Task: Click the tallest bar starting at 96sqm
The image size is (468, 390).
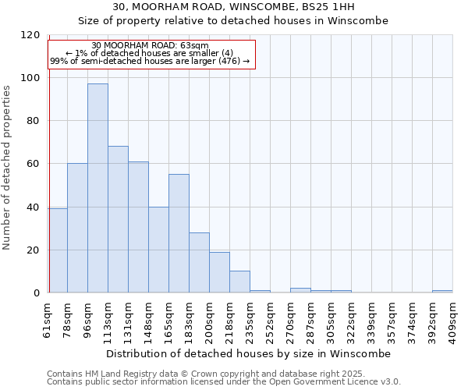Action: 97,188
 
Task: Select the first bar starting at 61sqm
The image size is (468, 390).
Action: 58,250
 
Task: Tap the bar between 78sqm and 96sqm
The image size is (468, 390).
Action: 77,228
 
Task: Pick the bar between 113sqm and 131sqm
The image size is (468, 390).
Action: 118,219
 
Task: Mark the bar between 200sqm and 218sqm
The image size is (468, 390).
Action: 219,272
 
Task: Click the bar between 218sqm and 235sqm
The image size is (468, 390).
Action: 239,282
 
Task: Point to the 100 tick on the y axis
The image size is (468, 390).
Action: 31,78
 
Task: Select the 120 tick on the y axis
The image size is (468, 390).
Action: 31,35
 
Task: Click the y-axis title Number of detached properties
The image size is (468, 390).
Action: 9,168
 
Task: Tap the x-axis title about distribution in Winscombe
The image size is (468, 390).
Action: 249,353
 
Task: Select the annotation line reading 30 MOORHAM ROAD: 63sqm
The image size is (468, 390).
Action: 150,45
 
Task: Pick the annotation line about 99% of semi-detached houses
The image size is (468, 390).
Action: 150,61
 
